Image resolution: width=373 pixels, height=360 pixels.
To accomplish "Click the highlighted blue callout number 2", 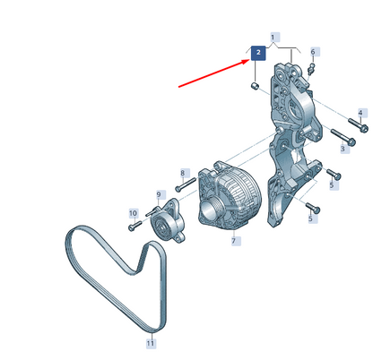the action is tap(258, 53).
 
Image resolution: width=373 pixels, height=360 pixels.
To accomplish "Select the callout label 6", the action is tap(313, 52).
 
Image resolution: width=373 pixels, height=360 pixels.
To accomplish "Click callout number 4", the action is tap(360, 113).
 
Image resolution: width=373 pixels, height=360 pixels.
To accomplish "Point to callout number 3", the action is tap(343, 149).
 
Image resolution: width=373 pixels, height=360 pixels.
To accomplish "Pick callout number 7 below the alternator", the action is tap(234, 241).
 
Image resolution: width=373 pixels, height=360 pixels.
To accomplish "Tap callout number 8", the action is tap(183, 173).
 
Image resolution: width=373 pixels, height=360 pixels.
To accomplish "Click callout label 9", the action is tap(159, 195).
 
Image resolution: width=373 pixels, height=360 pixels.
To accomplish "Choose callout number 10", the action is tap(133, 213).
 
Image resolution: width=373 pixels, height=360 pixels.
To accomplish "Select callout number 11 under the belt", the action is tap(151, 343).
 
